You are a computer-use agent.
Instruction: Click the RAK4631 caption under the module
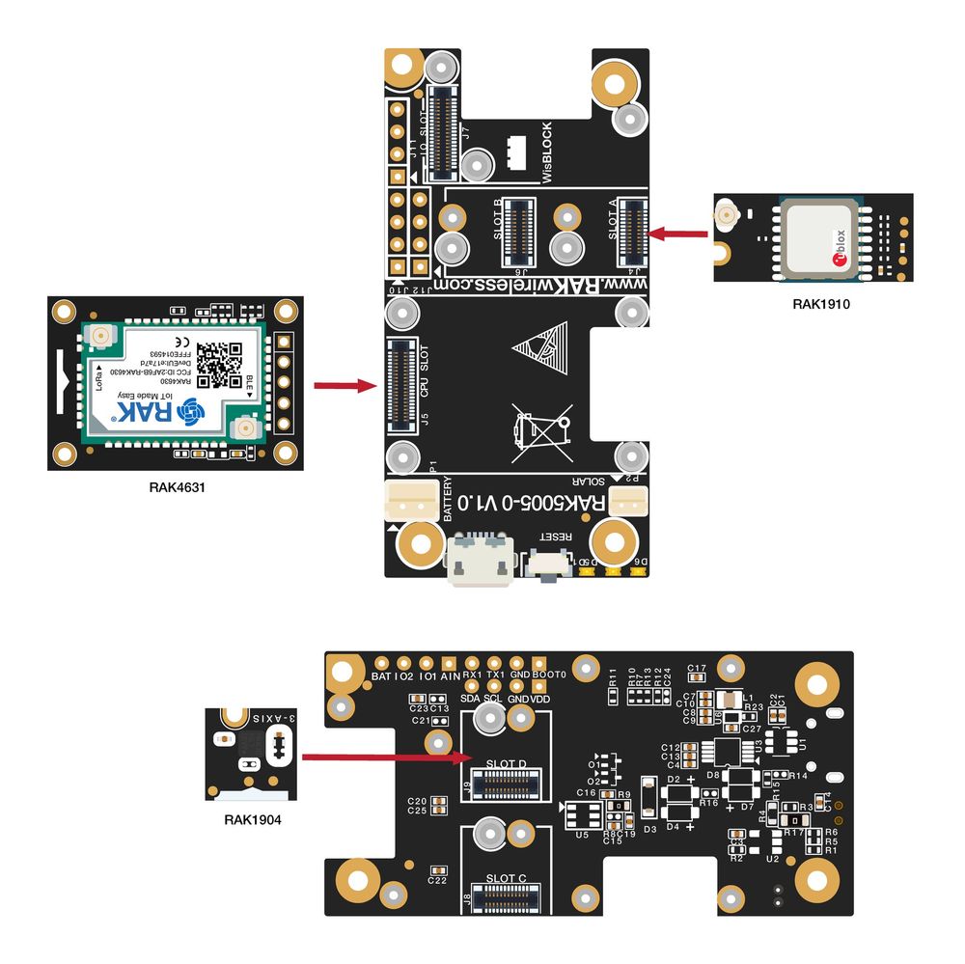(177, 487)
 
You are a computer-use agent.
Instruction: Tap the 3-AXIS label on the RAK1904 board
(274, 719)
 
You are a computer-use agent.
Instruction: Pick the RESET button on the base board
(547, 565)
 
